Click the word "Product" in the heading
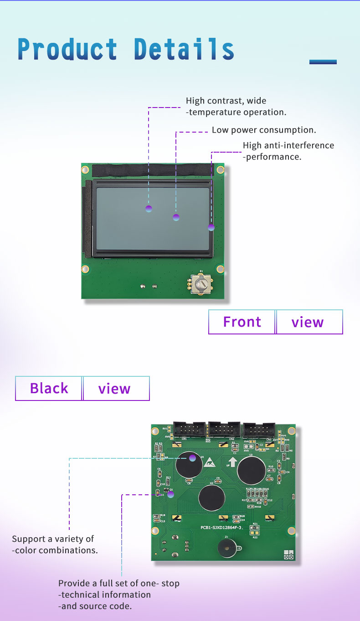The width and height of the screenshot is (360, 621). point(67,49)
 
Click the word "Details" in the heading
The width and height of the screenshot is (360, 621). point(184,49)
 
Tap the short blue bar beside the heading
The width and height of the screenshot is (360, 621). point(323,62)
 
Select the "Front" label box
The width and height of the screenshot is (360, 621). point(242,322)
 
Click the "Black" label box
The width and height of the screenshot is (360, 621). point(49,388)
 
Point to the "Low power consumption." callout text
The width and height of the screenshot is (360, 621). point(264,130)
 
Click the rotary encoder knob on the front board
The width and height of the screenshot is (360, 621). point(200,284)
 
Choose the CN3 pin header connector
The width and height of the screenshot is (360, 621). point(259,430)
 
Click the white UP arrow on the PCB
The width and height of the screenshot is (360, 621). point(233,462)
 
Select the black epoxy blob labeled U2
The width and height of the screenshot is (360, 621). point(211,498)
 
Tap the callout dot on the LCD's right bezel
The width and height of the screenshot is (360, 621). point(211,227)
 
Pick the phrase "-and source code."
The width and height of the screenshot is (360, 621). point(95,606)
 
